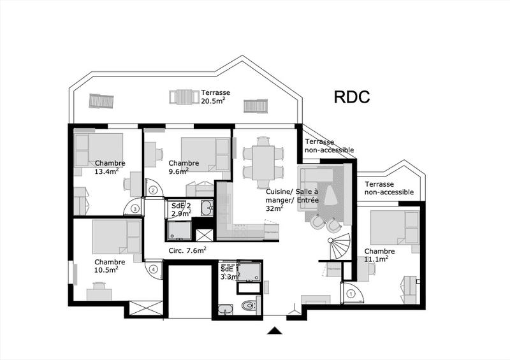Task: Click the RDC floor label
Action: (353, 97)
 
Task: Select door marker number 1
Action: (351, 293)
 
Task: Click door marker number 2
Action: (153, 189)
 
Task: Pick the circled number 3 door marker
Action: (135, 208)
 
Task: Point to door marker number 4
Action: (153, 269)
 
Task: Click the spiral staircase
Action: (338, 246)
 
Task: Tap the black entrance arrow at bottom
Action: (275, 330)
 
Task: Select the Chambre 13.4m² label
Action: (110, 167)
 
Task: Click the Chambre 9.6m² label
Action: (184, 167)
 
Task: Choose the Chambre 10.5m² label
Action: (110, 265)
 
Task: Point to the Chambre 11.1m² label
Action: (379, 255)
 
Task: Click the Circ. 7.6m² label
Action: (187, 250)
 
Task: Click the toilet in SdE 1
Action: (249, 306)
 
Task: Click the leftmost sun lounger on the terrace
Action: (101, 101)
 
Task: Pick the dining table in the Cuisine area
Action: (263, 160)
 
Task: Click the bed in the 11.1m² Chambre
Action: (394, 227)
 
